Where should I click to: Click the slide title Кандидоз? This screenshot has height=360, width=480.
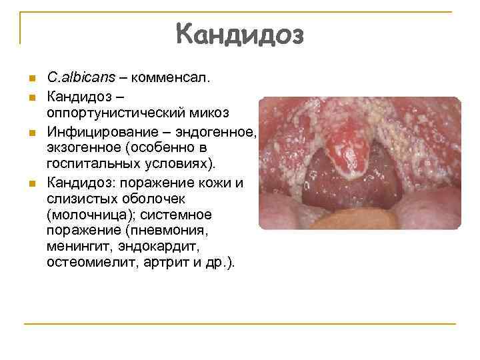click(x=240, y=34)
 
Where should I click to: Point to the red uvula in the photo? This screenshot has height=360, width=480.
click(x=345, y=143)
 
